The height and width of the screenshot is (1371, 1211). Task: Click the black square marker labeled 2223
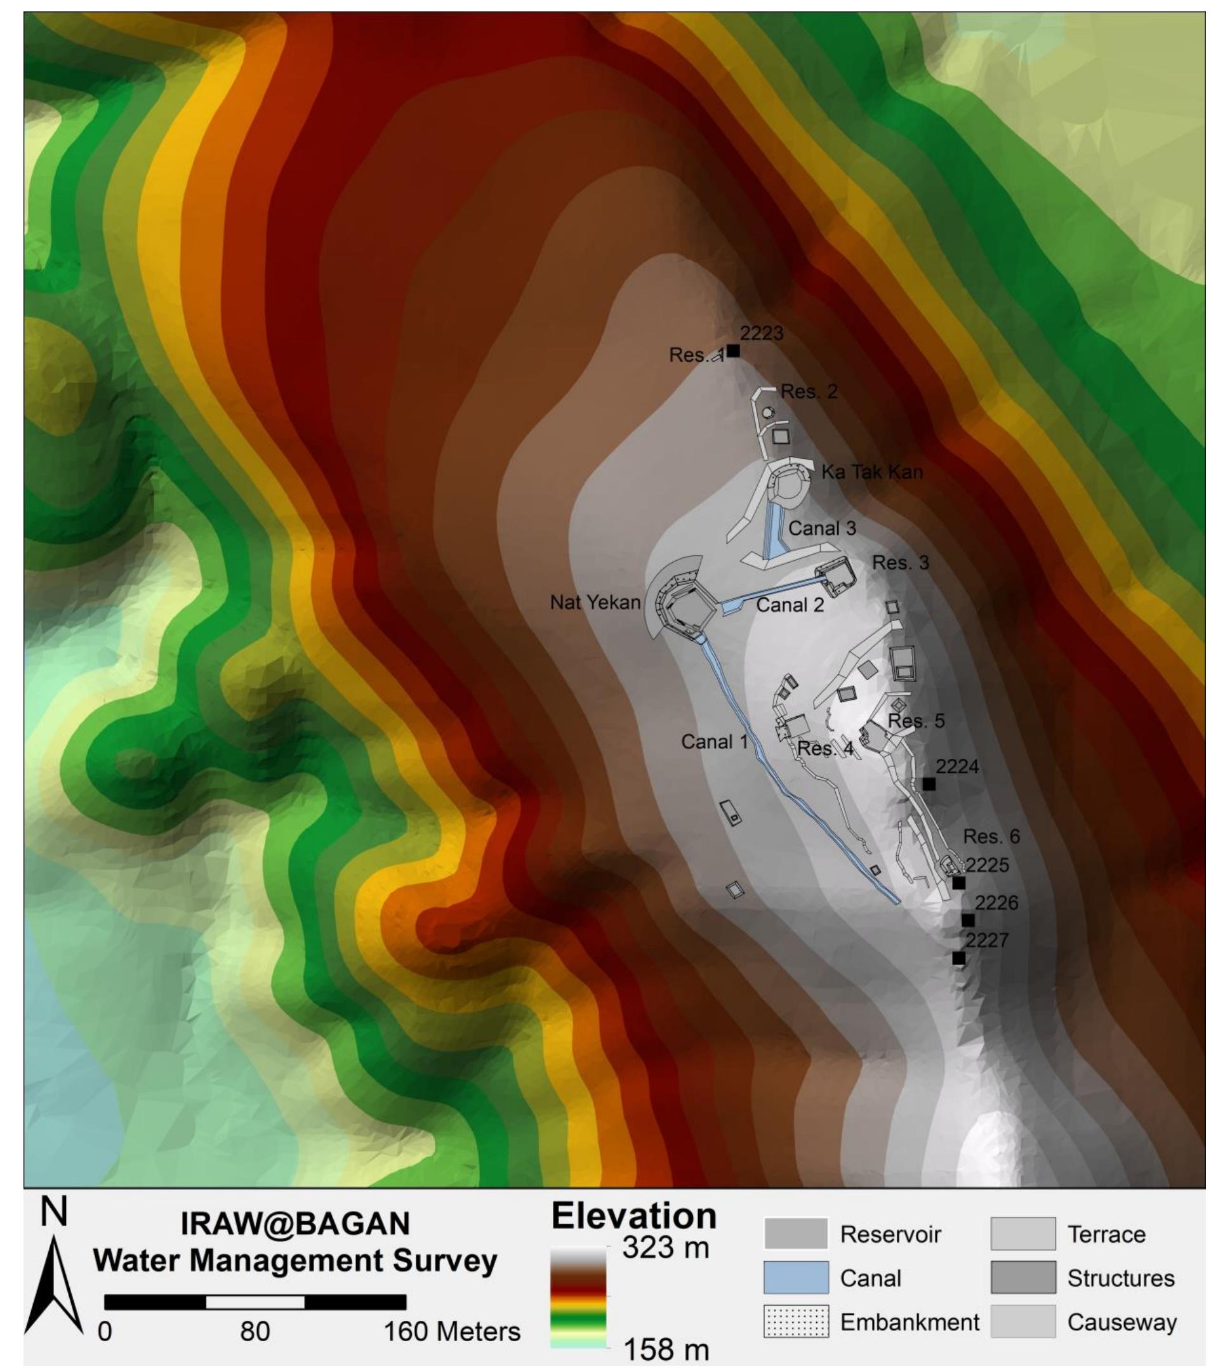[733, 350]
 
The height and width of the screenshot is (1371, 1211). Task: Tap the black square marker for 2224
[929, 784]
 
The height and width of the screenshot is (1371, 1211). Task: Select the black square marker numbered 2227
[959, 958]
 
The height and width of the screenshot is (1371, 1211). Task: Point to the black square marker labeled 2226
[967, 921]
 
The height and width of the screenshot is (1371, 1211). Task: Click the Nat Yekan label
[595, 602]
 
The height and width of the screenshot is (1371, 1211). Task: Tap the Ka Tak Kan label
[871, 472]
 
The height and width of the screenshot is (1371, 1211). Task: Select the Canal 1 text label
[714, 741]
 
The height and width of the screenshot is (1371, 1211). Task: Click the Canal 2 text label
[790, 605]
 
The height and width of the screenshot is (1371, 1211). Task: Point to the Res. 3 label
[901, 563]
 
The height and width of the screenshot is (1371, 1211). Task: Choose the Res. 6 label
[991, 836]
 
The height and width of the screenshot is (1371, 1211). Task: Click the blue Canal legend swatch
[796, 1278]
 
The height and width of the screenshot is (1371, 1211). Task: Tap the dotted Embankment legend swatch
[796, 1322]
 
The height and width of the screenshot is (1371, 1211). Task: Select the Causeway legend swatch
[1022, 1322]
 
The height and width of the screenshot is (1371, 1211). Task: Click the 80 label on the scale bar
[255, 1332]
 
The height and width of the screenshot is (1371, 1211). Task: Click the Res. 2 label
[809, 391]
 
